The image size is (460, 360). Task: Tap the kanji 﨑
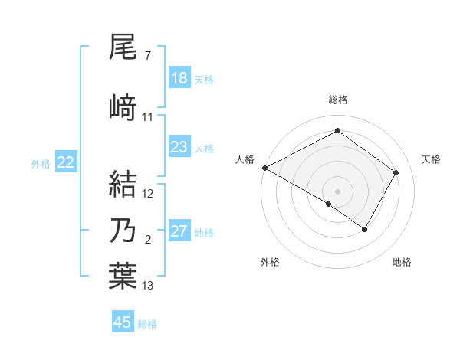click(123, 107)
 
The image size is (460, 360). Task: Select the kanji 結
click(123, 185)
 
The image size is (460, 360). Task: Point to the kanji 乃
click(123, 231)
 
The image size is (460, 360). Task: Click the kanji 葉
click(123, 276)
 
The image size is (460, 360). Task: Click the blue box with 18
click(179, 78)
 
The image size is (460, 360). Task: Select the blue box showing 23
click(179, 147)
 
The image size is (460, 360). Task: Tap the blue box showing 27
click(179, 231)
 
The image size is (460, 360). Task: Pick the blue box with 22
click(66, 162)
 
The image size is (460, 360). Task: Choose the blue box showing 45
click(123, 322)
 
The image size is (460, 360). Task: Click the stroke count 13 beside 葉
click(148, 286)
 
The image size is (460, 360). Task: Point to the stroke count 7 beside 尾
click(147, 56)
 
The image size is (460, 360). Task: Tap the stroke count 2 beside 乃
click(148, 240)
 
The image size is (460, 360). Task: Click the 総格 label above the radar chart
click(337, 100)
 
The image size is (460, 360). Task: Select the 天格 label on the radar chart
click(431, 159)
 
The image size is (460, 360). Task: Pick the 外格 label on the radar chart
click(270, 262)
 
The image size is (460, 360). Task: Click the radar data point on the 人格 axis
click(264, 168)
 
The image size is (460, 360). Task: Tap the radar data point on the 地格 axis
click(365, 229)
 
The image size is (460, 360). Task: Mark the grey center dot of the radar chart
click(337, 191)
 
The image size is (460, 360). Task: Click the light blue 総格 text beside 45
click(147, 324)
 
